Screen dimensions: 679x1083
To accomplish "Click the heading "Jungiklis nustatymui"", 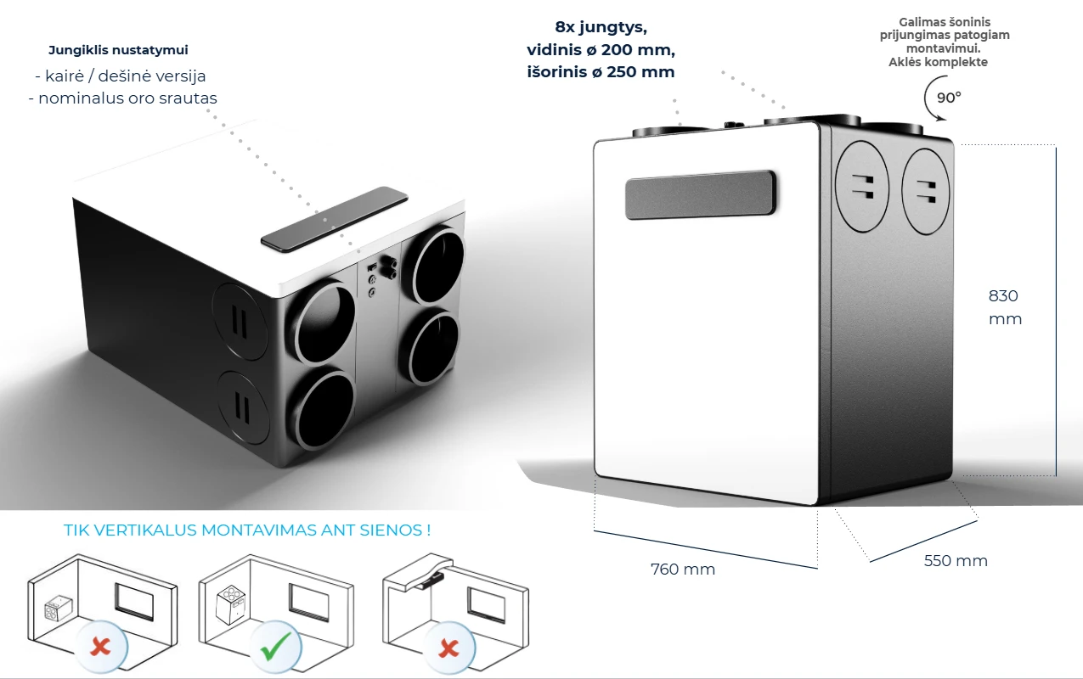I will [117, 50].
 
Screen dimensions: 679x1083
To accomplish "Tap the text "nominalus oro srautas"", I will [122, 98].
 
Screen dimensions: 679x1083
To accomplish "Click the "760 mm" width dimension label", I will [682, 570].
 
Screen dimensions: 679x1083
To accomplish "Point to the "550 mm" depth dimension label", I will [956, 561].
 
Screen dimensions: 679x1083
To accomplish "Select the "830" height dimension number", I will [1003, 296].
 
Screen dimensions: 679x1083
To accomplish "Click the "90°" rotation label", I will [949, 97].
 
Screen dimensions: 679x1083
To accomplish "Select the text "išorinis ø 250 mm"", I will [601, 72].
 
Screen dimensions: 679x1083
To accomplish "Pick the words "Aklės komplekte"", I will [938, 62].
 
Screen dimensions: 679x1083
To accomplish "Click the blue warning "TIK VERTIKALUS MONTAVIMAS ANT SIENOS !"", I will [247, 530].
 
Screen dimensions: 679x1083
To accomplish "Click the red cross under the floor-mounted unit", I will [100, 648].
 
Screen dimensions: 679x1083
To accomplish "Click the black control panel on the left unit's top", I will [334, 219].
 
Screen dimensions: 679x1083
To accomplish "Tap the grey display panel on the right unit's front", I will [701, 194].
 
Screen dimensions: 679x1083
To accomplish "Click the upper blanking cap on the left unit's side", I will [241, 322].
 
